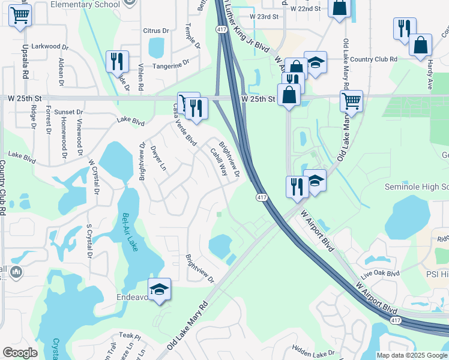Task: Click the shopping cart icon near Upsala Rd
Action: [20, 15]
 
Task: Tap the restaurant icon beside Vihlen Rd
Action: [116, 61]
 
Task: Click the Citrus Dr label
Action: [156, 31]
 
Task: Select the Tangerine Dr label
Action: [170, 65]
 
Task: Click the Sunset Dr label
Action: [68, 112]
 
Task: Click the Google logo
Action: [20, 353]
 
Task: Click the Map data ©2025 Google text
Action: [412, 355]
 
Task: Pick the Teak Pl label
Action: [129, 335]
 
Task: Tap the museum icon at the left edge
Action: [16, 272]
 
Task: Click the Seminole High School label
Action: [424, 187]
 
